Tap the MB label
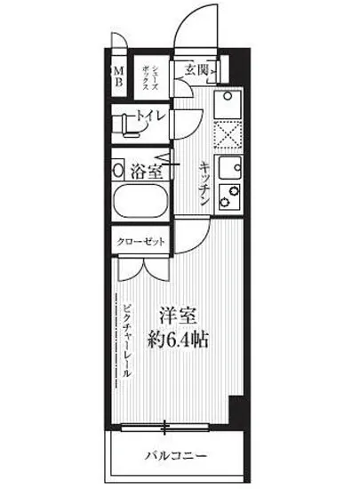click(x=118, y=75)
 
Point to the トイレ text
click(x=148, y=115)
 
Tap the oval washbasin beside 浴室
click(x=118, y=169)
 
